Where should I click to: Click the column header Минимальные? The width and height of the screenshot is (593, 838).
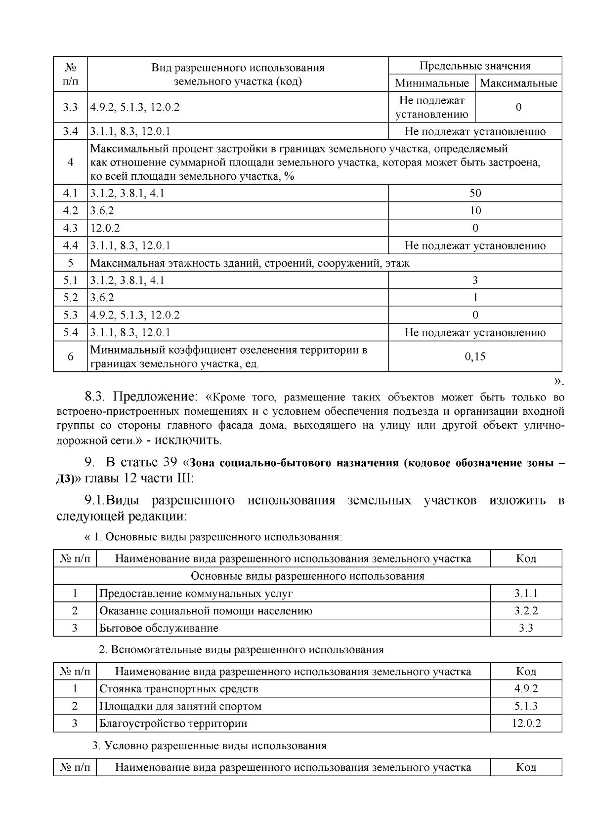pyautogui.click(x=431, y=83)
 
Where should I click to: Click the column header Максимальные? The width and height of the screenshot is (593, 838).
pyautogui.click(x=518, y=83)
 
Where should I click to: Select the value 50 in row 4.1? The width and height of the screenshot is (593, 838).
pyautogui.click(x=475, y=193)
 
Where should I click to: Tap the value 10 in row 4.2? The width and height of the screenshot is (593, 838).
pyautogui.click(x=475, y=211)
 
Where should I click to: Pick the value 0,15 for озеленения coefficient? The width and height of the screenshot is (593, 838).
pyautogui.click(x=475, y=357)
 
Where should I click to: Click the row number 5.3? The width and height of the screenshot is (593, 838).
pyautogui.click(x=71, y=315)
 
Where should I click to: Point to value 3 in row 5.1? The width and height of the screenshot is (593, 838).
pyautogui.click(x=475, y=280)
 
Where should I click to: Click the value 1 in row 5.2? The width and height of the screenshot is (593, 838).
pyautogui.click(x=475, y=298)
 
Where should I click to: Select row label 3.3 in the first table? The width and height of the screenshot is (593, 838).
pyautogui.click(x=71, y=107)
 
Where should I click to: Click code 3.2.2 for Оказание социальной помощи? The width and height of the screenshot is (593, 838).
pyautogui.click(x=526, y=611)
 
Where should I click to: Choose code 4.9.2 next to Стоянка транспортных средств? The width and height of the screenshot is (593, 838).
pyautogui.click(x=526, y=688)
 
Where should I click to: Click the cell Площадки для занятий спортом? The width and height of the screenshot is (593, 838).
pyautogui.click(x=180, y=706)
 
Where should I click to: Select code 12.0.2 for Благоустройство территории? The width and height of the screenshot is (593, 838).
pyautogui.click(x=526, y=723)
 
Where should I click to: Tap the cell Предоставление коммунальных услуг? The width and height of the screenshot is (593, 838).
pyautogui.click(x=196, y=594)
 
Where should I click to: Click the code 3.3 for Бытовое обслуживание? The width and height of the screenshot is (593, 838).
pyautogui.click(x=526, y=628)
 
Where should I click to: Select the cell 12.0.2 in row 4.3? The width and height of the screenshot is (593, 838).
pyautogui.click(x=105, y=228)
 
